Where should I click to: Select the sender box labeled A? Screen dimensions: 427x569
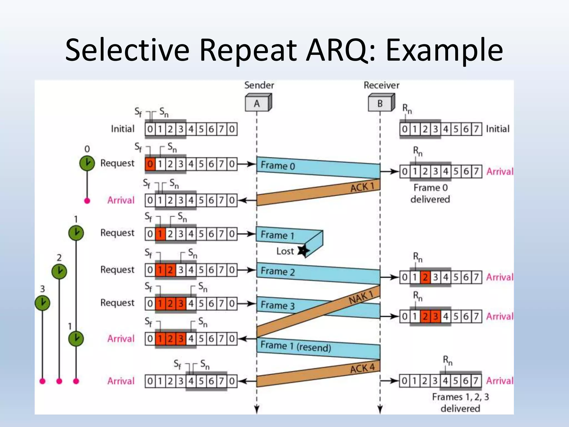[257, 103]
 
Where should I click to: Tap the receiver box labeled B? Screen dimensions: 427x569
[380, 103]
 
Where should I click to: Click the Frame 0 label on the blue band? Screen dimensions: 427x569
[278, 166]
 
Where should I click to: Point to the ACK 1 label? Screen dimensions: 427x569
[362, 187]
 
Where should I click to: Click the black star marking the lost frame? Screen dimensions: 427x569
[303, 250]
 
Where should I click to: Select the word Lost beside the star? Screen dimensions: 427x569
[285, 251]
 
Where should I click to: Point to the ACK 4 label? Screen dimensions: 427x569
[362, 368]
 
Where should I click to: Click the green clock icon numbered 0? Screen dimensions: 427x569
[87, 163]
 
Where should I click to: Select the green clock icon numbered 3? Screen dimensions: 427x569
[43, 303]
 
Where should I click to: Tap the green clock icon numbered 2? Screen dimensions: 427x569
[59, 271]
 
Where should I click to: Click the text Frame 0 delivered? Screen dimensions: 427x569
[430, 193]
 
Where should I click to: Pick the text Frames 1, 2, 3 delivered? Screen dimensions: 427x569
[460, 402]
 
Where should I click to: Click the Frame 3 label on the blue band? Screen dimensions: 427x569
[277, 305]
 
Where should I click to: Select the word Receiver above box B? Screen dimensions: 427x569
[381, 85]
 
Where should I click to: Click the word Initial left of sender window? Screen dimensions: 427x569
[123, 129]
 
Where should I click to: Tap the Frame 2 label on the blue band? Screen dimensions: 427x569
[277, 271]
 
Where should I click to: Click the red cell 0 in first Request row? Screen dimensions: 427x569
[150, 164]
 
